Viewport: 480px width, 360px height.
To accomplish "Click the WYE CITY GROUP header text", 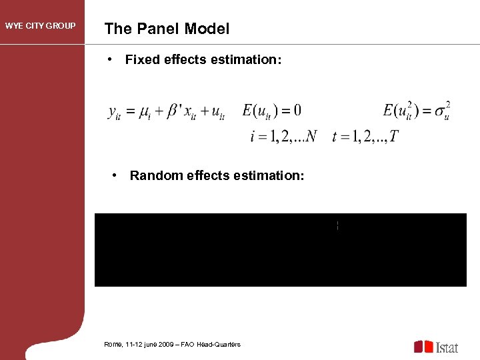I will pyautogui.click(x=41, y=27).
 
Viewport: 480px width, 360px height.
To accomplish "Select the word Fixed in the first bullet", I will pyautogui.click(x=141, y=60).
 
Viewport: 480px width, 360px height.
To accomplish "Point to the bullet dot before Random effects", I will pyautogui.click(x=116, y=175).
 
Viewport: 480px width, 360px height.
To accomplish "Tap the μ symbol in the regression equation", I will pyautogui.click(x=143, y=112).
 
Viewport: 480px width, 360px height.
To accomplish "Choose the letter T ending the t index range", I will pyautogui.click(x=394, y=137).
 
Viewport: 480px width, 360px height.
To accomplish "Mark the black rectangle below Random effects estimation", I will pyautogui.click(x=280, y=250).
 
